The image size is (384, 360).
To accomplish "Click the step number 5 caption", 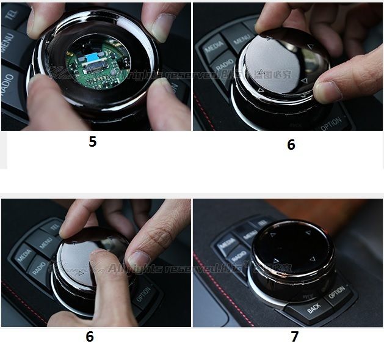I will coord(92,142).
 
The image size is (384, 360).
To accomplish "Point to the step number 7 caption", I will coord(295,337).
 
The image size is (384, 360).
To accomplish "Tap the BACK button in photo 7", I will coord(314,309).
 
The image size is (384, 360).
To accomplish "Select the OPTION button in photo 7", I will coord(336,293).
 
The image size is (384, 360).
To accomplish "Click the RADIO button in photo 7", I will coord(239,257).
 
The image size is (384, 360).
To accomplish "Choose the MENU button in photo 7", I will coord(247,234).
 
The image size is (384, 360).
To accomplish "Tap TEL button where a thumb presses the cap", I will coord(54,227).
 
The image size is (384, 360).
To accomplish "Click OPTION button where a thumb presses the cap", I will coord(144,298).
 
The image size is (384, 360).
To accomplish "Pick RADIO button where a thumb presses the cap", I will coord(38,269).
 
